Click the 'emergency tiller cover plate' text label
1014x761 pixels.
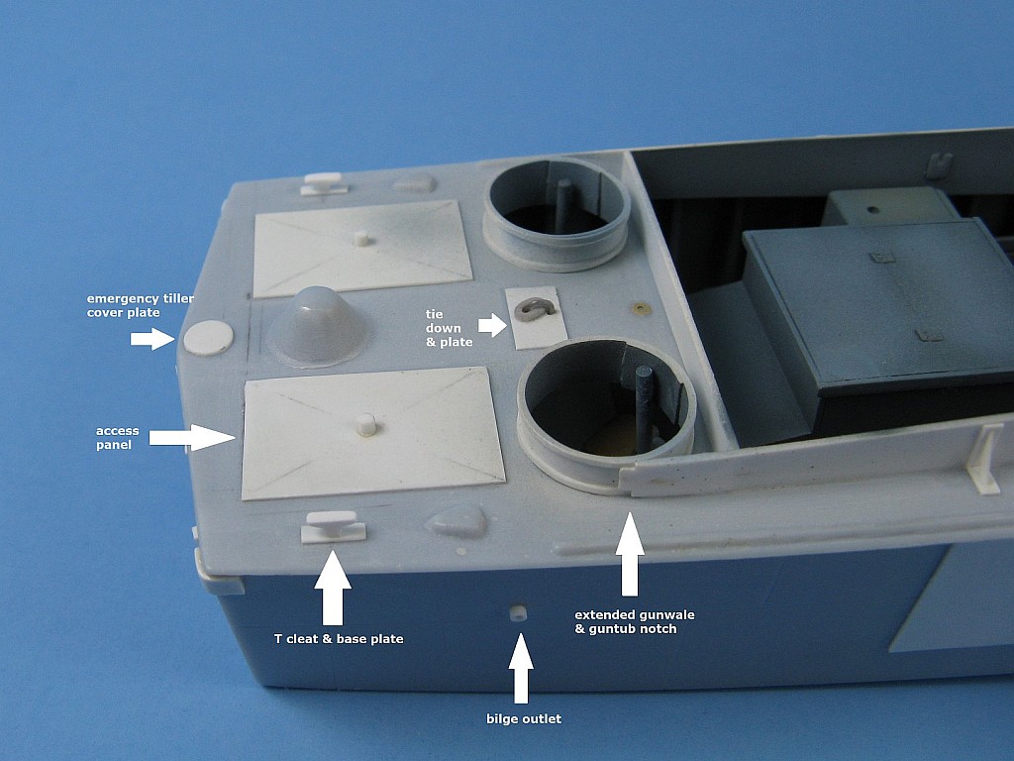(x=141, y=305)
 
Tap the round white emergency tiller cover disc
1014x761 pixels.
(x=208, y=337)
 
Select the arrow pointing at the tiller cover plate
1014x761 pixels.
(x=152, y=339)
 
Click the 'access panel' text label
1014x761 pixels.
(x=117, y=437)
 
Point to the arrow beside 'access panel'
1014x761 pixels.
(x=192, y=437)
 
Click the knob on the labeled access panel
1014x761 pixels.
(x=366, y=424)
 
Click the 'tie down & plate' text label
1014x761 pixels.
(x=449, y=328)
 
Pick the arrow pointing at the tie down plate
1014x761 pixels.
(x=493, y=325)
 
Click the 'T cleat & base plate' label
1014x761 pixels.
(x=339, y=639)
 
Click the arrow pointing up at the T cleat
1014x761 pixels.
(x=333, y=588)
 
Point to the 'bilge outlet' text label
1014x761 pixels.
(x=524, y=718)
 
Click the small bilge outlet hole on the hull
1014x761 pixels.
(x=516, y=613)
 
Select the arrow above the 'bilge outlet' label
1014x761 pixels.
(x=521, y=669)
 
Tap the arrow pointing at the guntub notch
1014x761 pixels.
(x=630, y=554)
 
